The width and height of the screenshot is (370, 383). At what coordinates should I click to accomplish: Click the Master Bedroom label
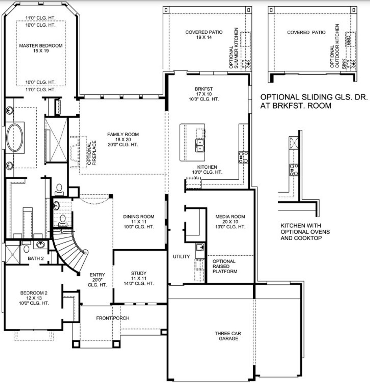[x=41, y=48]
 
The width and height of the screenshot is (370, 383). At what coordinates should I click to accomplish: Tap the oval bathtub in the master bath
[x=15, y=137]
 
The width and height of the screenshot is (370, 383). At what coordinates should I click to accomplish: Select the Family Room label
[x=123, y=139]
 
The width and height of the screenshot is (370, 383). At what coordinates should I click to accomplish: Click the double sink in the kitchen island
[x=200, y=145]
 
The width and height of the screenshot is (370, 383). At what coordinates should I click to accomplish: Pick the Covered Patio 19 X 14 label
[x=204, y=35]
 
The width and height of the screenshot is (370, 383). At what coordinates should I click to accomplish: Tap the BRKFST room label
[x=203, y=94]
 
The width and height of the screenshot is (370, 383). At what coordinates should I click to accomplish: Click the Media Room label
[x=230, y=222]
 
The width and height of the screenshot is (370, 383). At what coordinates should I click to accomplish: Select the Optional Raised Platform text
[x=225, y=266]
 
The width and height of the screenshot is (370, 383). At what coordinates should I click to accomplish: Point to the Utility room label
[x=182, y=256]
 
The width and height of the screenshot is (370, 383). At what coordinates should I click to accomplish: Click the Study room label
[x=139, y=278]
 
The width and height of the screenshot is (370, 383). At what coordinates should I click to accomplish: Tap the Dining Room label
[x=139, y=222]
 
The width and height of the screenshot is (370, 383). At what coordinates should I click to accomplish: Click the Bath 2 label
[x=36, y=258]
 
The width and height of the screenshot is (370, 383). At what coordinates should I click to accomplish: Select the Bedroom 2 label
[x=34, y=298]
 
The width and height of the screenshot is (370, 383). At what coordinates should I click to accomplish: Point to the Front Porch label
[x=113, y=318]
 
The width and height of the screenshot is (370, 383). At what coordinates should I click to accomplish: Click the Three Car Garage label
[x=228, y=336]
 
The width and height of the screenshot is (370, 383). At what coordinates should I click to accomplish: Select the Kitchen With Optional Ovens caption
[x=305, y=232]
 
